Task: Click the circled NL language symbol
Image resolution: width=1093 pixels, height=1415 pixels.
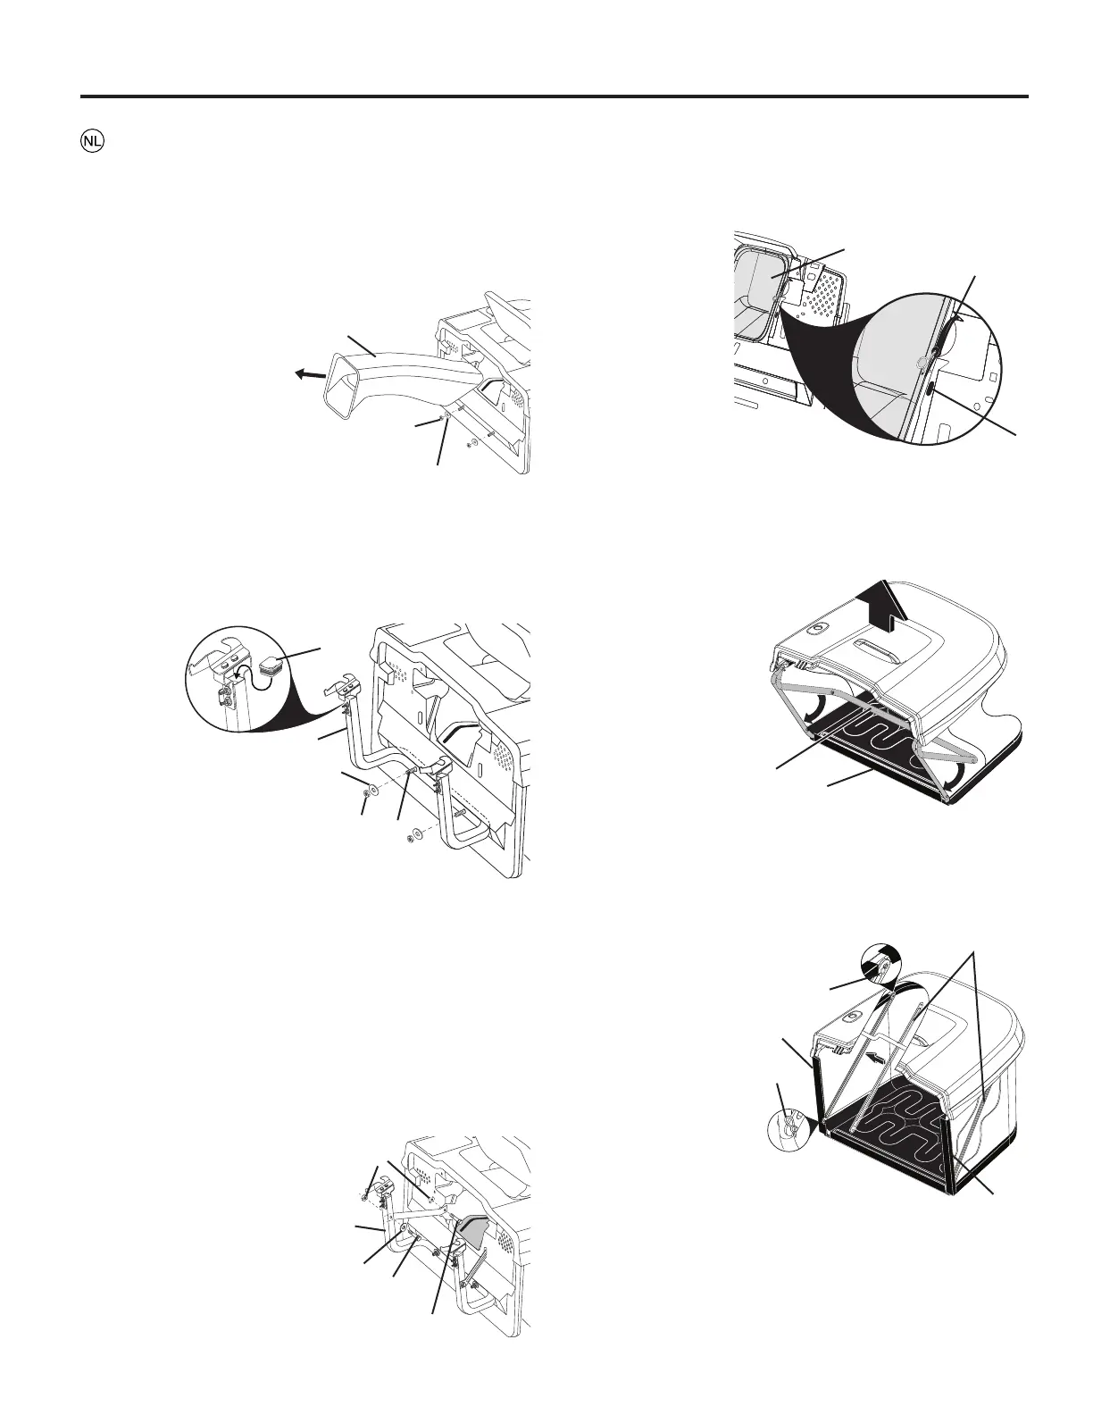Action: coord(90,142)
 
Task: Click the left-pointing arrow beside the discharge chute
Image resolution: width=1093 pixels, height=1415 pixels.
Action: coord(310,375)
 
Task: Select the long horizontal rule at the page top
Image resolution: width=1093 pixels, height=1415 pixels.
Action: coord(554,96)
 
